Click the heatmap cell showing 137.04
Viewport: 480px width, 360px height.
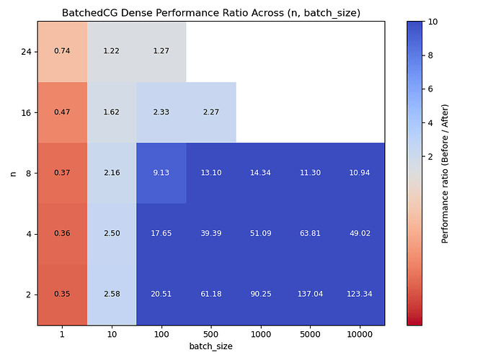coord(310,294)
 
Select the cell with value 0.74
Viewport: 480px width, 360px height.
coord(62,51)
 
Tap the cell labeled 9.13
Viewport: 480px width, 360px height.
coord(161,173)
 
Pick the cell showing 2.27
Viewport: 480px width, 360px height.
coord(211,112)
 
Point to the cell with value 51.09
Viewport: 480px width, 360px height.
coord(260,234)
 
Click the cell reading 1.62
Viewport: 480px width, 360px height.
coord(112,112)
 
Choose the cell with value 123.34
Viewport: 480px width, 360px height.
coord(360,294)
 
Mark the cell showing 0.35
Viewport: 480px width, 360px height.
coord(62,294)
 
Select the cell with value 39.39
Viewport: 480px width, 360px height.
coord(211,234)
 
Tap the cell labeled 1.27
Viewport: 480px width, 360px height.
coord(161,51)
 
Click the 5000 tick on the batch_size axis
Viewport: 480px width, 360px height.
coord(310,334)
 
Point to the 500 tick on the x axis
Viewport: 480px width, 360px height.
coord(211,334)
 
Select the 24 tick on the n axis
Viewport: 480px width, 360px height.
coord(27,52)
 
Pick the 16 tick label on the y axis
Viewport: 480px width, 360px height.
coord(27,112)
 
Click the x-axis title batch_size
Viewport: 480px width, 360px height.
coord(210,346)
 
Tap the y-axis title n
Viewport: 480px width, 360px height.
coord(12,173)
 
